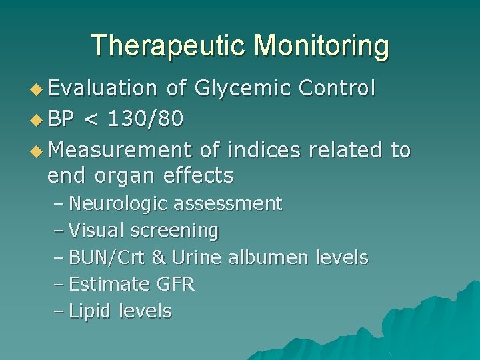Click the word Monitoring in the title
coord(322,45)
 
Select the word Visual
coord(97,231)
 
